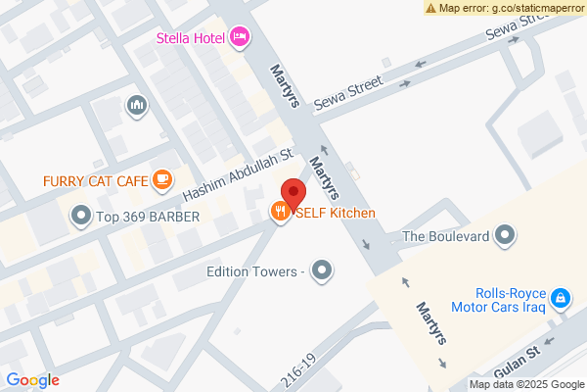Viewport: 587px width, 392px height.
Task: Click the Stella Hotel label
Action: (191, 38)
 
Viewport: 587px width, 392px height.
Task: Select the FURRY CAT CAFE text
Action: (95, 180)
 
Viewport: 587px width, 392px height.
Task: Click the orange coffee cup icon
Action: (162, 179)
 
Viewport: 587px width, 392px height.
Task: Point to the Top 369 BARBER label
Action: (148, 216)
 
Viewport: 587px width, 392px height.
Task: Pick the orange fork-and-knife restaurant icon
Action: (281, 212)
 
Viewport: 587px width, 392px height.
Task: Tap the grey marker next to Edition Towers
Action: (321, 271)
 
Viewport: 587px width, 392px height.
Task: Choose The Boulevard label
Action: (445, 235)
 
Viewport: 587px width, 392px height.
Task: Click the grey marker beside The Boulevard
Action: (505, 234)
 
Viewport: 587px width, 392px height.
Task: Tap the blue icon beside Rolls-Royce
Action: (560, 297)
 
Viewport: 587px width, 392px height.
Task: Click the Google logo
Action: (33, 380)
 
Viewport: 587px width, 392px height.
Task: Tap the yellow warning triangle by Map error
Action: (430, 8)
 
